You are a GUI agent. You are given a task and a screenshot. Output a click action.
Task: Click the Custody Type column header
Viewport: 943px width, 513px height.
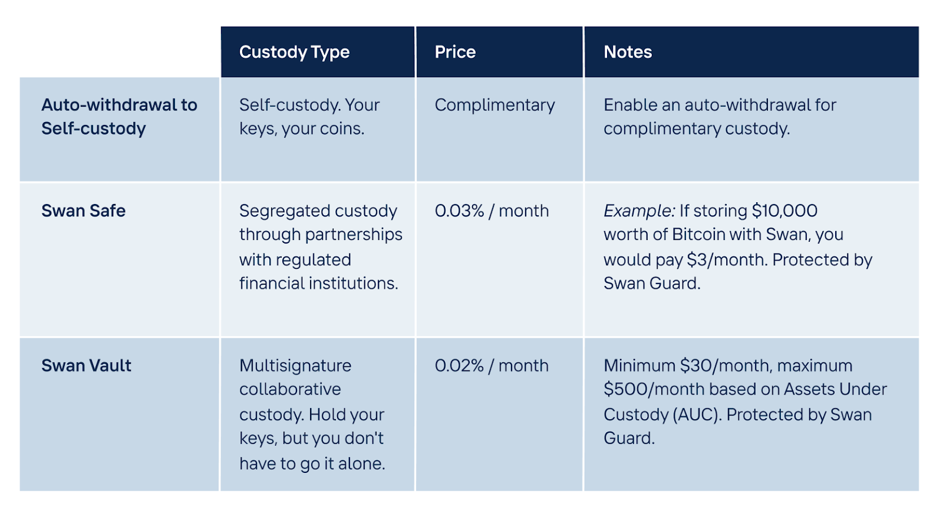[294, 52]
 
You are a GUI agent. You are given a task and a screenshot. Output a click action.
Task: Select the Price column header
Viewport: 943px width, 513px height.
[455, 52]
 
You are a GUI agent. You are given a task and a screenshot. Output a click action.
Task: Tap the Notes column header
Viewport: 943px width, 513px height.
[628, 52]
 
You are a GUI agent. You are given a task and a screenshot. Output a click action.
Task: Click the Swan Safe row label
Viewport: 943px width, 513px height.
[83, 211]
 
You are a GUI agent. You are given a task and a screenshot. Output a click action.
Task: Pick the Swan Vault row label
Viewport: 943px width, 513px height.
[86, 366]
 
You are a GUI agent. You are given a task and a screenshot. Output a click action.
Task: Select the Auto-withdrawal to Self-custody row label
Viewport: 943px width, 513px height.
[119, 117]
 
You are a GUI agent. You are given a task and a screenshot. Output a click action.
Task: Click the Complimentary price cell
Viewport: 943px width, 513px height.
[494, 106]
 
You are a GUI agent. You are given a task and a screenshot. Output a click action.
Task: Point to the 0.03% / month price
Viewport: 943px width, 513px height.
[492, 211]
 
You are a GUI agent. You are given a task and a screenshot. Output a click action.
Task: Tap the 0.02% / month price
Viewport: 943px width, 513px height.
[492, 366]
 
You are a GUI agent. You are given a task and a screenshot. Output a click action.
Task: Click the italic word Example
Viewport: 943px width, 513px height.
[639, 211]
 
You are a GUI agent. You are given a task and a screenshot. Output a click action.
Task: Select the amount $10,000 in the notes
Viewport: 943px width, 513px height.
[784, 211]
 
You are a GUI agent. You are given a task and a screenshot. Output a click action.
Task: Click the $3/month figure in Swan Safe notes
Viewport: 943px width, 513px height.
[727, 260]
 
